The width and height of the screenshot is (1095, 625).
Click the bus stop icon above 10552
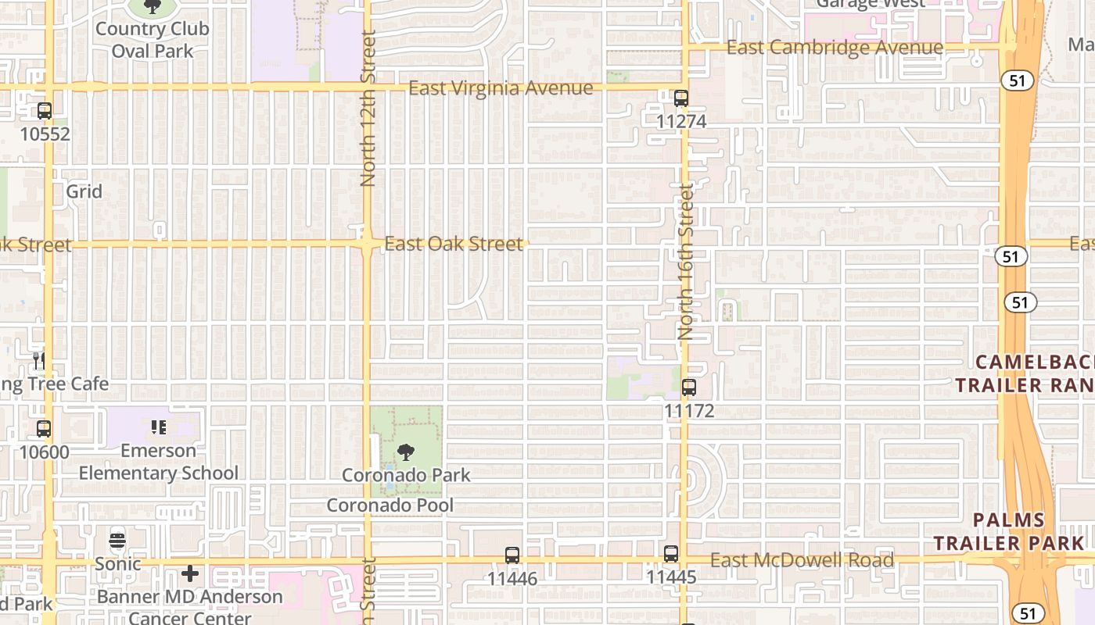tap(45, 111)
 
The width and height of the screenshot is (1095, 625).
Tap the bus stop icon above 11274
tap(681, 98)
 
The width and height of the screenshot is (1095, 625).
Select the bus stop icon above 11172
tap(689, 387)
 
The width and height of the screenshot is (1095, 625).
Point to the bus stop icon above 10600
tap(44, 429)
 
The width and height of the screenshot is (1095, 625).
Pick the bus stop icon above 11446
tap(512, 555)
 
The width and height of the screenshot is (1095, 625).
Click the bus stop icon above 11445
tap(671, 554)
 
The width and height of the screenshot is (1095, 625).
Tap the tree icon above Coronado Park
tap(406, 452)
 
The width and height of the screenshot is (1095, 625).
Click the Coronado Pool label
tap(390, 505)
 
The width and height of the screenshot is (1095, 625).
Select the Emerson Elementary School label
tap(159, 462)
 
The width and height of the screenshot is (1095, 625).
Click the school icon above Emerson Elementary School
tap(159, 427)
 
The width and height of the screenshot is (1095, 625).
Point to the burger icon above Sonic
tap(117, 540)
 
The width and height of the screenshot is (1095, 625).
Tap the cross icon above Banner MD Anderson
tap(189, 574)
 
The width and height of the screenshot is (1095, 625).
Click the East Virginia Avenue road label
tap(501, 88)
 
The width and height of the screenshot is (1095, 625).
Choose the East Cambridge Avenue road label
tap(835, 48)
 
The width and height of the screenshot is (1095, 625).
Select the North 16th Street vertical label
tap(687, 261)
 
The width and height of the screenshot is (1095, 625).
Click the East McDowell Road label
tap(802, 560)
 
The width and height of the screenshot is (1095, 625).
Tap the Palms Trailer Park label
tap(1009, 531)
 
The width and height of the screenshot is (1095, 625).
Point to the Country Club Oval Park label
tap(153, 40)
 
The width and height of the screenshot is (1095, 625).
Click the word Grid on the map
tap(84, 191)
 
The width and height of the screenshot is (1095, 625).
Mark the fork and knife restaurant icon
tap(38, 360)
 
